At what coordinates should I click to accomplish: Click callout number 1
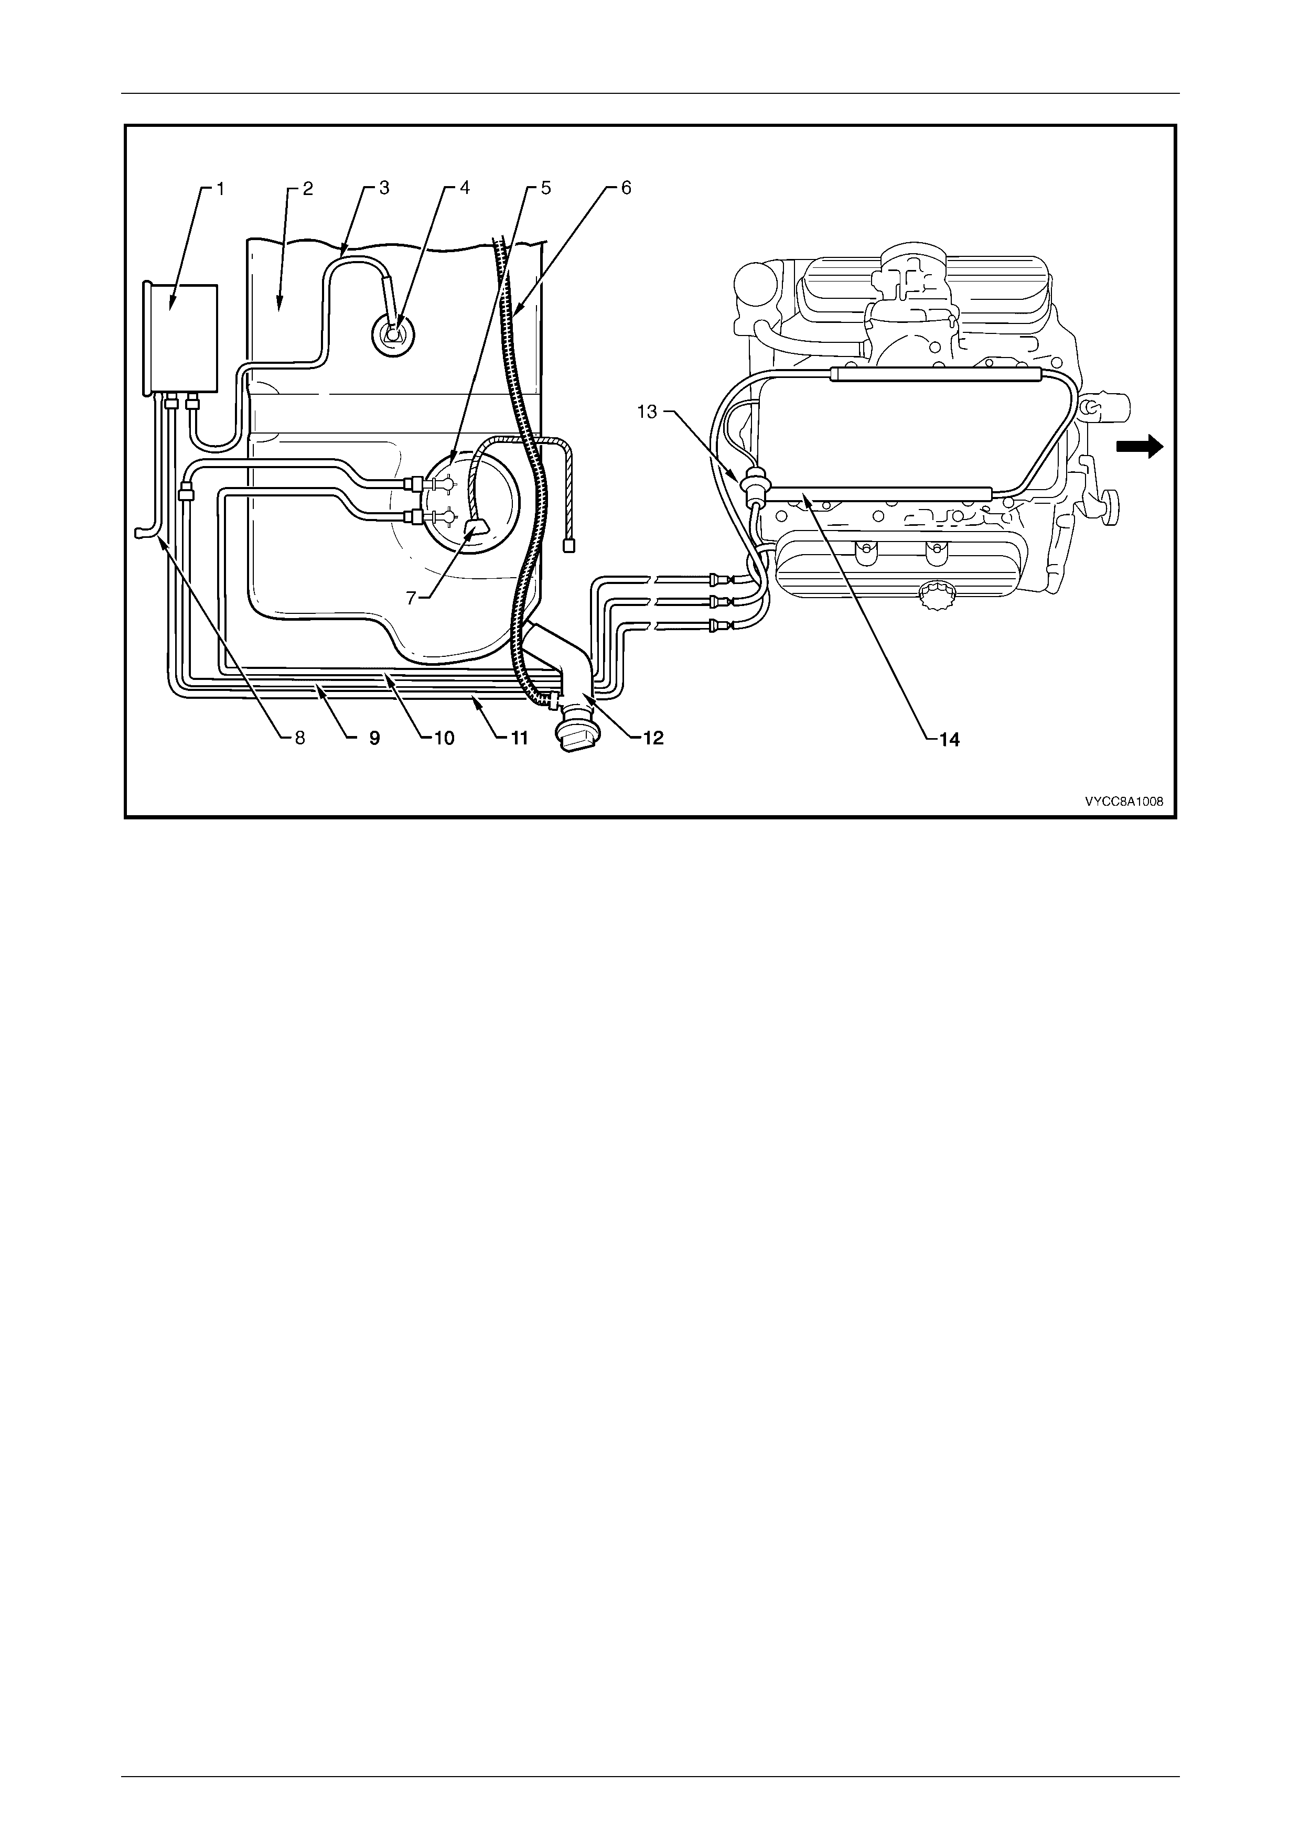[x=221, y=189]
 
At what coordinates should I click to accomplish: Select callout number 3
[x=384, y=189]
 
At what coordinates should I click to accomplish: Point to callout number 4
[x=465, y=189]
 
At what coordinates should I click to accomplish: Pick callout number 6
[x=626, y=189]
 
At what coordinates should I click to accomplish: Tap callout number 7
[x=411, y=598]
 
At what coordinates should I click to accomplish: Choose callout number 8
[x=300, y=739]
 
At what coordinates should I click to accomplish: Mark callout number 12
[x=653, y=739]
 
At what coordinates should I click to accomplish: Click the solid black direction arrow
[x=1140, y=446]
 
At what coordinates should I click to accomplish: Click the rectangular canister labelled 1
[x=180, y=339]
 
